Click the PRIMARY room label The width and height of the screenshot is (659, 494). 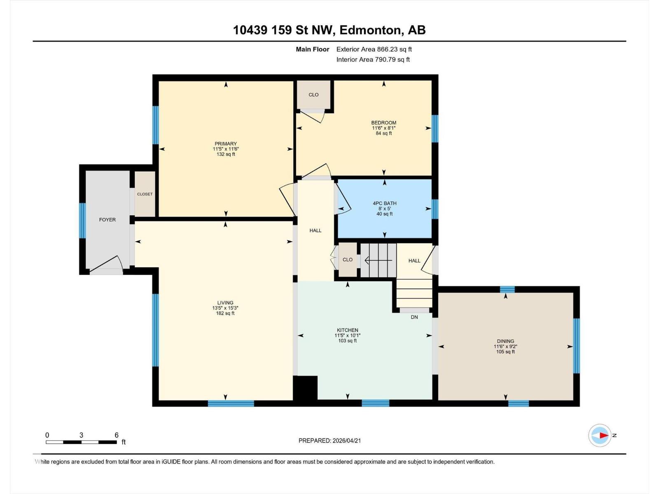point(225,144)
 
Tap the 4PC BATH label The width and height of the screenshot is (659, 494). point(384,203)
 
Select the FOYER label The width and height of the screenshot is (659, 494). point(107,220)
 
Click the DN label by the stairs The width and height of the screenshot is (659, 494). point(414,317)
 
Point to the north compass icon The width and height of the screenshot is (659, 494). point(600,435)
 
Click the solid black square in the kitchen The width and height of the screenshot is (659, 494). point(305,387)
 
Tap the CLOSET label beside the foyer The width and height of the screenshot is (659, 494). point(145,194)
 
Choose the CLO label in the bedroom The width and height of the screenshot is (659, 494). point(313,95)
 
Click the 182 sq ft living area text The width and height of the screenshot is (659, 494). point(225,313)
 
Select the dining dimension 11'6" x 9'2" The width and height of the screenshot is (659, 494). point(505,346)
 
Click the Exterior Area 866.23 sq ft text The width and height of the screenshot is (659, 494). point(374,49)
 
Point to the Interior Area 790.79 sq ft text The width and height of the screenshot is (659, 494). point(373,59)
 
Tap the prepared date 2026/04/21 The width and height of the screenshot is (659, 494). point(329,440)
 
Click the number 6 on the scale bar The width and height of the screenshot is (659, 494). point(117,435)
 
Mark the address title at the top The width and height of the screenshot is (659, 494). point(329,30)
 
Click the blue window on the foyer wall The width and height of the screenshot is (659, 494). point(82,221)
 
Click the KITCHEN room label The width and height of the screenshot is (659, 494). point(347,330)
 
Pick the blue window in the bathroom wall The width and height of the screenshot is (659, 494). point(435,209)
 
